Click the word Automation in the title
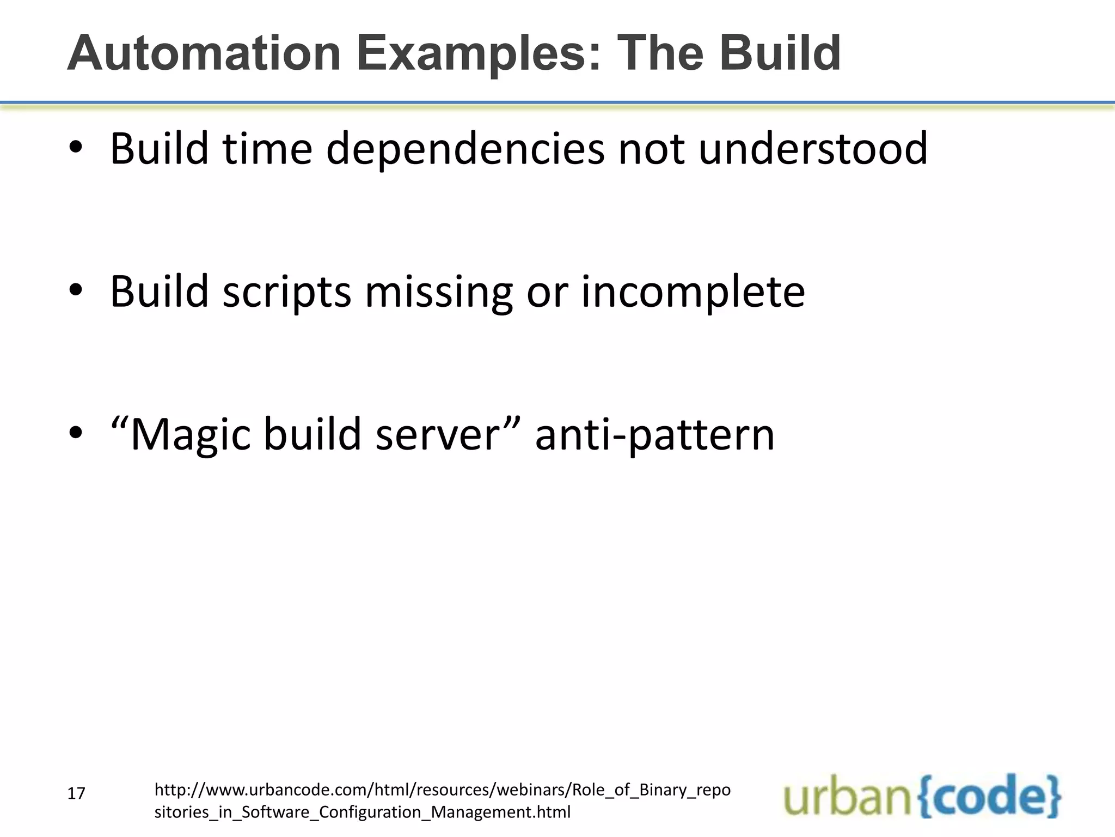(204, 53)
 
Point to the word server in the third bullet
(437, 435)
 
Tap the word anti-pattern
(654, 435)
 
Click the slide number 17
(76, 793)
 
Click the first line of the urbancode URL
(442, 790)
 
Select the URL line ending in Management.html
(363, 812)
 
